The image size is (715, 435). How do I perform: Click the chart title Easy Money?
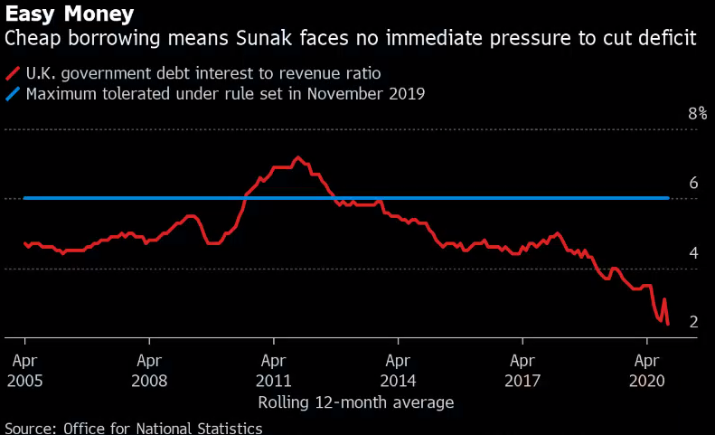tap(70, 14)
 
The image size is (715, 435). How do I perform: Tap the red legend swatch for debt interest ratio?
tap(14, 73)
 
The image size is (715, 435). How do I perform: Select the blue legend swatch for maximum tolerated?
tap(14, 93)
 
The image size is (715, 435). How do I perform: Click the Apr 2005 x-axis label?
tap(24, 370)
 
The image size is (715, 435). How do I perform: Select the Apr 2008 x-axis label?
tap(149, 370)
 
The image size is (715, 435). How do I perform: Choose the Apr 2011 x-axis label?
tap(274, 370)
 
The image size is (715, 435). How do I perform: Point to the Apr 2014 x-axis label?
tap(398, 370)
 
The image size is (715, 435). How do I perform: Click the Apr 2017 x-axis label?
tap(522, 370)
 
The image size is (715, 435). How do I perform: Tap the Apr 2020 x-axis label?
tap(646, 370)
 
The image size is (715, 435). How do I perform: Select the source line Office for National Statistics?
tap(163, 427)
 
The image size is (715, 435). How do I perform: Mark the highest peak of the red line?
tap(298, 157)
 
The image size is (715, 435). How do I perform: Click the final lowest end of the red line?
tap(667, 324)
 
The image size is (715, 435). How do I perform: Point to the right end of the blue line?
tap(667, 197)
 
